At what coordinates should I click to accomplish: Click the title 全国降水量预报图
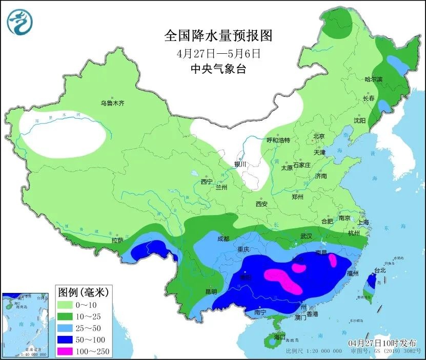coord(218,35)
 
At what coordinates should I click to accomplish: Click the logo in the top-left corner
coord(19,22)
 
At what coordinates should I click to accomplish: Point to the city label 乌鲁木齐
coord(112,103)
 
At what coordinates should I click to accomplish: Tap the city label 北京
coord(319,136)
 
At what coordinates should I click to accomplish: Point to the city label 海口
coord(279,337)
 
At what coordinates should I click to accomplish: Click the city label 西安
coord(261,204)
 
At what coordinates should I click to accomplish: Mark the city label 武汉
coord(307,236)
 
